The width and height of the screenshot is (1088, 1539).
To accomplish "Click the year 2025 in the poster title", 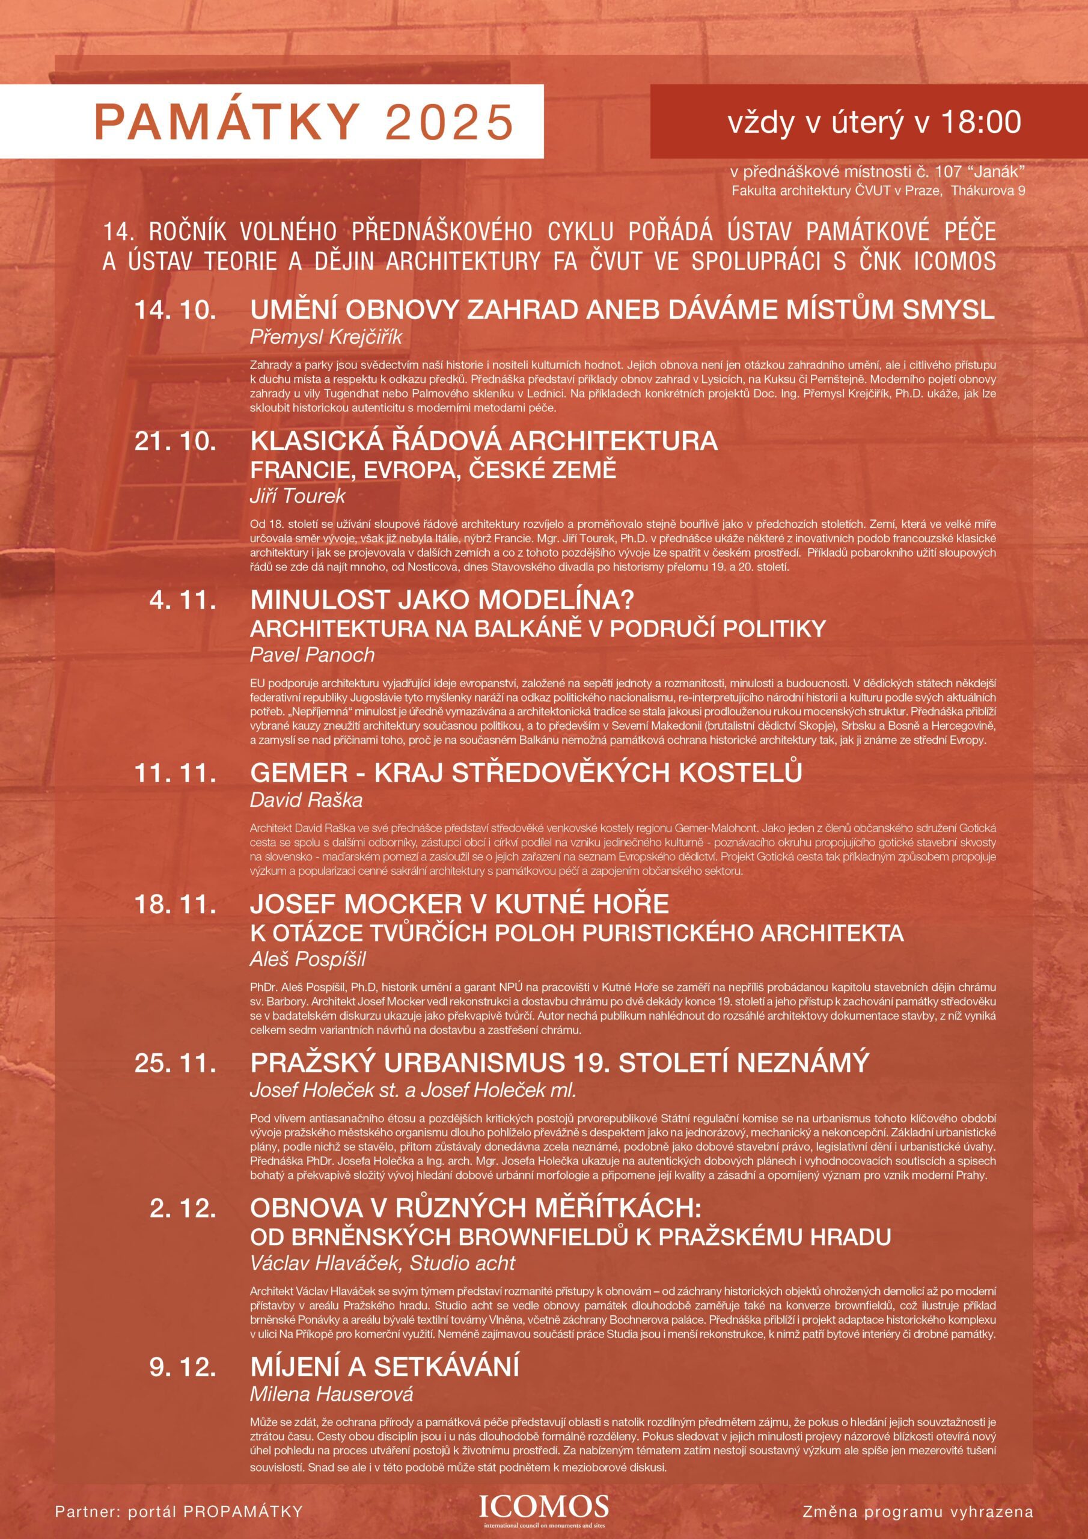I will pyautogui.click(x=449, y=121).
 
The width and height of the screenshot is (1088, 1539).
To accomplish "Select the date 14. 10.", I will pyautogui.click(x=175, y=310).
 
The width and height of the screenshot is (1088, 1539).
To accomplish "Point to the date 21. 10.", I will pyautogui.click(x=175, y=441).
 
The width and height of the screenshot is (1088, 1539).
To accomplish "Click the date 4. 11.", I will pyautogui.click(x=182, y=600).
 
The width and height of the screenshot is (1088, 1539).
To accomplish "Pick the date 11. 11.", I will pyautogui.click(x=175, y=773).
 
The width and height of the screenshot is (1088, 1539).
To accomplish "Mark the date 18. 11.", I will pyautogui.click(x=175, y=904).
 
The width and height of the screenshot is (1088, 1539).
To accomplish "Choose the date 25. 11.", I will pyautogui.click(x=175, y=1062).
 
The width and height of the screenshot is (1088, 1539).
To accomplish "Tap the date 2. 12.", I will pyautogui.click(x=182, y=1208).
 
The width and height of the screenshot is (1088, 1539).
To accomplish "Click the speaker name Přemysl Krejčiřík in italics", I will pyautogui.click(x=326, y=337).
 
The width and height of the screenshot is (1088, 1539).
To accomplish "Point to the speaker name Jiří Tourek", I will pyautogui.click(x=298, y=496).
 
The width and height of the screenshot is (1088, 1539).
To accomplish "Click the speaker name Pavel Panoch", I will pyautogui.click(x=312, y=655).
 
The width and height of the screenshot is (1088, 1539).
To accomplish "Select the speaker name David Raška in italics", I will pyautogui.click(x=306, y=800).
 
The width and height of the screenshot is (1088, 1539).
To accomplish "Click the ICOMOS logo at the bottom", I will pyautogui.click(x=543, y=1492).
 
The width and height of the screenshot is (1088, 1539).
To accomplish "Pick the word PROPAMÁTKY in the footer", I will pyautogui.click(x=243, y=1493).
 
